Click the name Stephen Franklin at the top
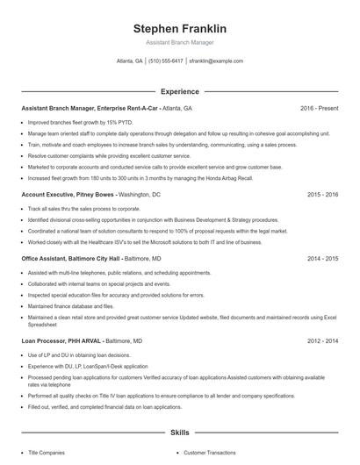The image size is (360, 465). pyautogui.click(x=179, y=27)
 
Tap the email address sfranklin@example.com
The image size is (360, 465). pyautogui.click(x=216, y=61)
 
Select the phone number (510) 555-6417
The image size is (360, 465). pyautogui.click(x=167, y=61)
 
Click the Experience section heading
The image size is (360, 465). pyautogui.click(x=179, y=91)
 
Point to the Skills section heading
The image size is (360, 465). pyautogui.click(x=179, y=433)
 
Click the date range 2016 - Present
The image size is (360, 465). pyautogui.click(x=319, y=108)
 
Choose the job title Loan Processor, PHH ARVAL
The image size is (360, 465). pyautogui.click(x=62, y=340)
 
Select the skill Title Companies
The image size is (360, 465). pyautogui.click(x=47, y=452)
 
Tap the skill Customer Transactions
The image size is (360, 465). pyautogui.click(x=210, y=452)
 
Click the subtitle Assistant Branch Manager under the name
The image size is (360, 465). pyautogui.click(x=179, y=41)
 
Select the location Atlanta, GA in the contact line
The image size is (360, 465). pyautogui.click(x=130, y=61)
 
